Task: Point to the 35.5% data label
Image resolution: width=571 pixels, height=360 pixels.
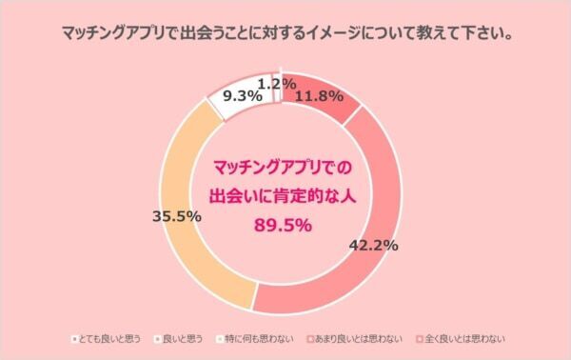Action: click(x=176, y=216)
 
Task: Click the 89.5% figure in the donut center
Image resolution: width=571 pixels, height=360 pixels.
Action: click(x=280, y=226)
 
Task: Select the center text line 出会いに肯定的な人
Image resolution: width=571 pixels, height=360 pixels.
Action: click(x=280, y=197)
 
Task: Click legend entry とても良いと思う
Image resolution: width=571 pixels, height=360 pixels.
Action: click(x=115, y=338)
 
